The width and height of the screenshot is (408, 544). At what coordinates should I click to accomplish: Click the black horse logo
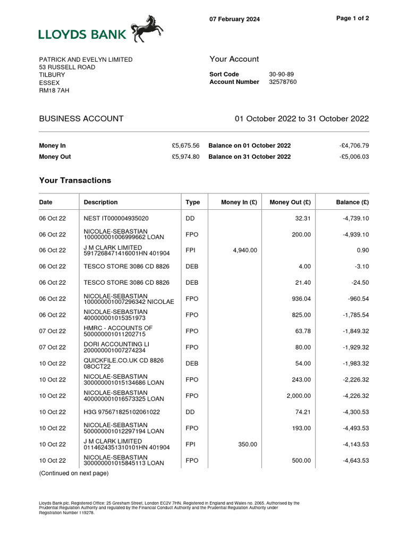[x=147, y=29]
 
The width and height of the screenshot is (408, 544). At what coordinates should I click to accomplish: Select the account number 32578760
[x=283, y=82]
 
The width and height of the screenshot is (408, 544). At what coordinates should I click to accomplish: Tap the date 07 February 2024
[x=234, y=20]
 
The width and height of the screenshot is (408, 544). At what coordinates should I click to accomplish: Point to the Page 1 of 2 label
[x=353, y=18]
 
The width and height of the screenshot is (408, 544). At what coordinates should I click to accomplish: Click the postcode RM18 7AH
[x=54, y=90]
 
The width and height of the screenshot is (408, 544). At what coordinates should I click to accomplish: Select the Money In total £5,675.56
[x=185, y=146]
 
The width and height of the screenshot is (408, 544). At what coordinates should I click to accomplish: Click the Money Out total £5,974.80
[x=185, y=157]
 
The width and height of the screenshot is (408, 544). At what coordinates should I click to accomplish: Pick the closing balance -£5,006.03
[x=354, y=157]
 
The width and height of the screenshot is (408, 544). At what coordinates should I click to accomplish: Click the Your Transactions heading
[x=75, y=181]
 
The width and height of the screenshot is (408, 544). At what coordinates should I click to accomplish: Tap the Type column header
[x=192, y=202]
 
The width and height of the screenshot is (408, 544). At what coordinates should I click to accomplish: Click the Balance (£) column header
[x=353, y=202]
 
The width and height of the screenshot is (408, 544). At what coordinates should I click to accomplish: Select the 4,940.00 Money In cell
[x=245, y=250]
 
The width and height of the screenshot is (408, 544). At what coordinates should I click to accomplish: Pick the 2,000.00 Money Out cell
[x=299, y=396]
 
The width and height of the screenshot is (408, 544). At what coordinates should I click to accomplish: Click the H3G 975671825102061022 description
[x=122, y=412]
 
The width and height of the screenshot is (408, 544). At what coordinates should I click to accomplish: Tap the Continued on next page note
[x=74, y=473]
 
